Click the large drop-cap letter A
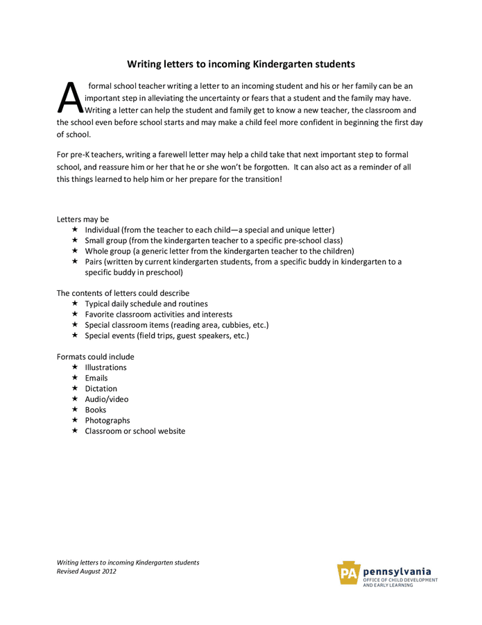70,98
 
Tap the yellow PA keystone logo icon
348,574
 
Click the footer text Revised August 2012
86,572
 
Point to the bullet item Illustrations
105,367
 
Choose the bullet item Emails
96,378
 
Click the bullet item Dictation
101,389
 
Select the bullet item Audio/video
106,399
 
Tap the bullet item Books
95,410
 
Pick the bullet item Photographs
107,421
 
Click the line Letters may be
83,219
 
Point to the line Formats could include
95,357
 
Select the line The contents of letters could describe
123,293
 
